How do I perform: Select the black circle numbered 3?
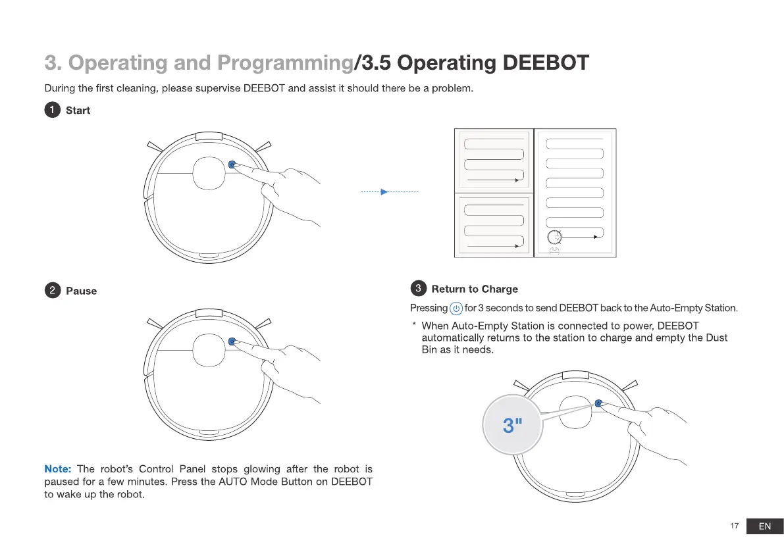417,288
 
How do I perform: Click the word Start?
78,111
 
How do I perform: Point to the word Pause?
81,291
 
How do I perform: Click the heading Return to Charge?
474,289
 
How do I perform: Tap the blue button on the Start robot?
232,164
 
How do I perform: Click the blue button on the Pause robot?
231,341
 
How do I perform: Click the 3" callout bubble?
511,424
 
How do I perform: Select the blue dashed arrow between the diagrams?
389,192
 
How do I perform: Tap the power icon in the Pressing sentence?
456,309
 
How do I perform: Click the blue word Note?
57,469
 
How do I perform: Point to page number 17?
734,526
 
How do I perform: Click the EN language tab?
764,526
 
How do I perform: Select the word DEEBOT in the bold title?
545,63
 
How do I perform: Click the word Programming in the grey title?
285,63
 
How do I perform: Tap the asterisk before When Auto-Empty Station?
413,326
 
